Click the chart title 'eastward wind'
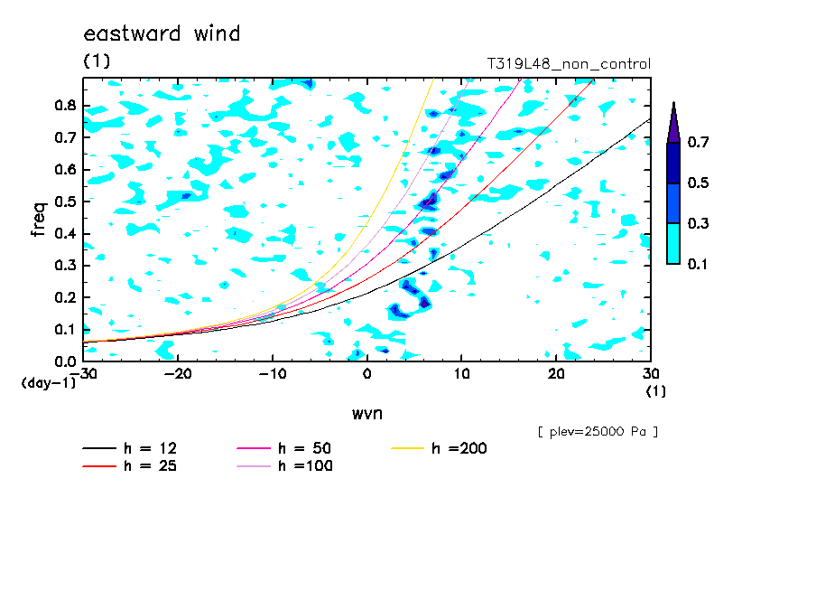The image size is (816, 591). (162, 33)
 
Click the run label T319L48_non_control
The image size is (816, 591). (569, 64)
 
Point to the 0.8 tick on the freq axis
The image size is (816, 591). (66, 105)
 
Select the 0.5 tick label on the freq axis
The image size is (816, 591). (66, 202)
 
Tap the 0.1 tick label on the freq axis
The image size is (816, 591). (66, 329)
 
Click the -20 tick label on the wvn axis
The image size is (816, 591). (178, 374)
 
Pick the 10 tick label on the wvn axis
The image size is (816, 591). (461, 374)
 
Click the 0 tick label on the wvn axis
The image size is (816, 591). (366, 374)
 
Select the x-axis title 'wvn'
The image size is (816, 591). (366, 414)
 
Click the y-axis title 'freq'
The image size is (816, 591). (39, 219)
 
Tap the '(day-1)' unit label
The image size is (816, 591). (48, 383)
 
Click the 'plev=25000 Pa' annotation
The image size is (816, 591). (598, 432)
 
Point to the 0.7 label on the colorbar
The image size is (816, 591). (698, 142)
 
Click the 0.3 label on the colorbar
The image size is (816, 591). (698, 223)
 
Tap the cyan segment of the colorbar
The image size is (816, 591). (673, 243)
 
